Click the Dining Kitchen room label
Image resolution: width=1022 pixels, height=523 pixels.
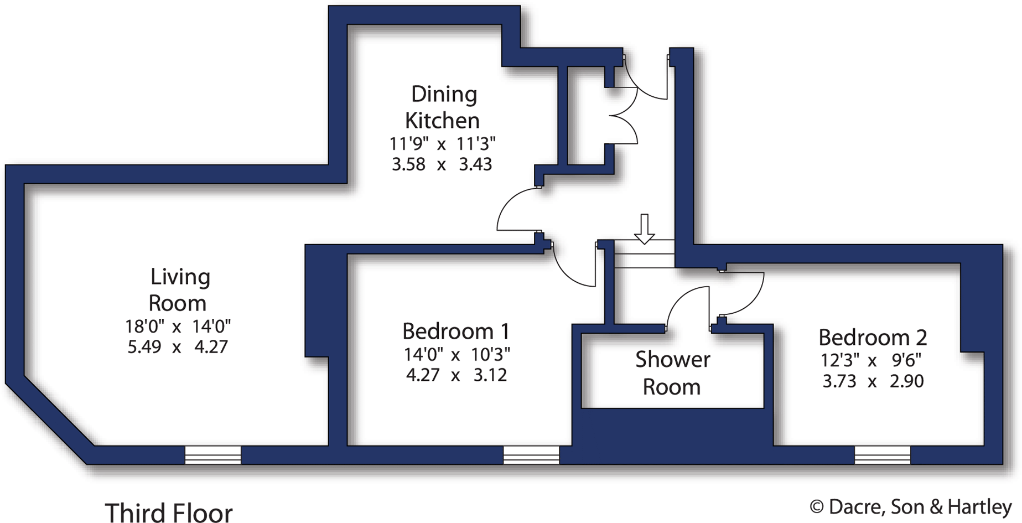[x=443, y=107]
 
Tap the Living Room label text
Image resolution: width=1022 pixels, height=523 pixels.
[x=179, y=290]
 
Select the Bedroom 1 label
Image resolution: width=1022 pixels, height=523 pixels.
[x=455, y=332]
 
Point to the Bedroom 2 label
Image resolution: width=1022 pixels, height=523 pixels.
[x=872, y=338]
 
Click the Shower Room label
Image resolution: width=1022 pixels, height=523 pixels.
[x=672, y=373]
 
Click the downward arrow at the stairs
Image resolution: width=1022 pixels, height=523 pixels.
[x=644, y=229]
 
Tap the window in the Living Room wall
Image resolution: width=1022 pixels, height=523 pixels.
[x=213, y=455]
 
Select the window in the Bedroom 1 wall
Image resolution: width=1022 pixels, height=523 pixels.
[x=531, y=455]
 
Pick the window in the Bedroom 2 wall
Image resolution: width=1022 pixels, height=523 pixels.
[x=882, y=455]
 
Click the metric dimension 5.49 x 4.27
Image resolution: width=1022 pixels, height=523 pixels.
[x=178, y=347]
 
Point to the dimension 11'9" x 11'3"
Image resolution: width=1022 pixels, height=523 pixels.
[x=442, y=144]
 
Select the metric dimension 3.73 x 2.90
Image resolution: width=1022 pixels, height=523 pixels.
[x=873, y=381]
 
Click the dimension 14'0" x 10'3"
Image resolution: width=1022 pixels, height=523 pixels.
[x=456, y=354]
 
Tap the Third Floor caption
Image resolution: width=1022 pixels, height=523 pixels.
[x=168, y=512]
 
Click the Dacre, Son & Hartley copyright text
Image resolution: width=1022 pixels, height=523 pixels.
[x=910, y=506]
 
